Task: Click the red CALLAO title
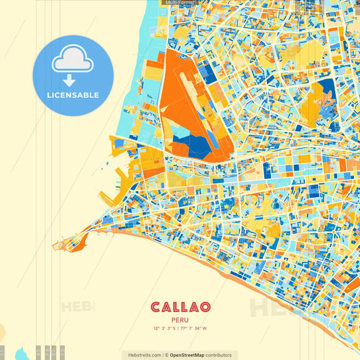click(180, 307)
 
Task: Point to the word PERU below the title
click(180, 321)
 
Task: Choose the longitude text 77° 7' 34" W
click(195, 329)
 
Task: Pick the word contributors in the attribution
click(219, 355)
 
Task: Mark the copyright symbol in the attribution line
click(166, 355)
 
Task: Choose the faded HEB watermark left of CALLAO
click(78, 307)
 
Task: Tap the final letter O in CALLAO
click(203, 307)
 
